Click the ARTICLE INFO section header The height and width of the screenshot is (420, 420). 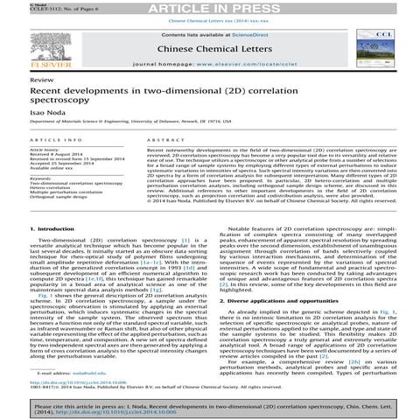click(57, 140)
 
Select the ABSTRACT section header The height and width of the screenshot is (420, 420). click(154, 140)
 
